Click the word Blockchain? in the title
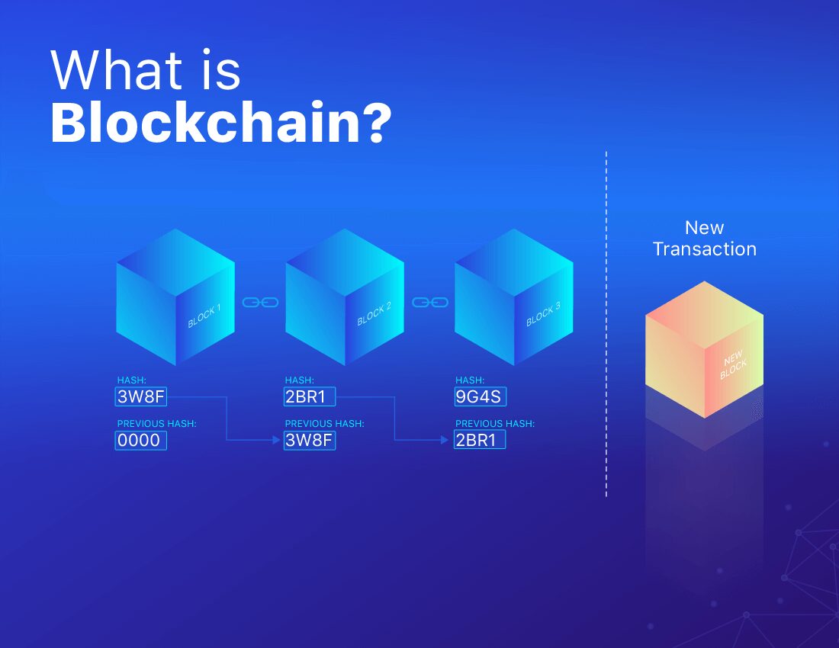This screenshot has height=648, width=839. [220, 122]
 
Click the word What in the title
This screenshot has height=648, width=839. [114, 69]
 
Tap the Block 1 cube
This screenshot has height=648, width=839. [175, 297]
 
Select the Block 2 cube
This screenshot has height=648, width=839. [345, 297]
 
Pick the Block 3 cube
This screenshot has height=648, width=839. [514, 297]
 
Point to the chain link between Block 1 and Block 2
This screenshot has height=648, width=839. [260, 303]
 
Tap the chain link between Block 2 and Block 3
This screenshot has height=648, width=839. [429, 303]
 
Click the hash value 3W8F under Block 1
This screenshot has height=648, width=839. [140, 396]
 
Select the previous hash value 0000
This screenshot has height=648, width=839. [140, 440]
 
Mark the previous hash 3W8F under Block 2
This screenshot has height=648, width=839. [310, 440]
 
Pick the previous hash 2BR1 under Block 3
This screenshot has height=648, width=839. [480, 440]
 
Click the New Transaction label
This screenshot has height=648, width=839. [704, 238]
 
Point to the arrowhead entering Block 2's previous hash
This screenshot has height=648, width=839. [277, 440]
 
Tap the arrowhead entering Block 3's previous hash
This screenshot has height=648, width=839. [446, 440]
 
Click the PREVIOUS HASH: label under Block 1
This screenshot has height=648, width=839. [156, 424]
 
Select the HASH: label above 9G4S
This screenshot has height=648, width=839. [470, 380]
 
